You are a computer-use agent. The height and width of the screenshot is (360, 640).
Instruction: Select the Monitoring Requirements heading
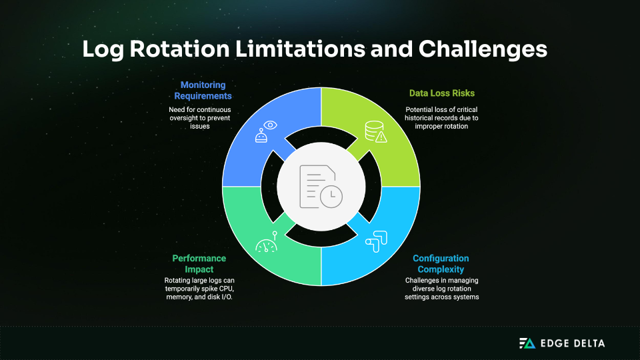pyautogui.click(x=203, y=91)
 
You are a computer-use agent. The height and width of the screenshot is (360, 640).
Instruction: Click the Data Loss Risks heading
pyautogui.click(x=442, y=93)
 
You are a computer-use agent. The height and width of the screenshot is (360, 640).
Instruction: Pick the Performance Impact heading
pyautogui.click(x=199, y=263)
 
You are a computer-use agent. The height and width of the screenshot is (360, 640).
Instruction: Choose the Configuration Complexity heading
pyautogui.click(x=441, y=263)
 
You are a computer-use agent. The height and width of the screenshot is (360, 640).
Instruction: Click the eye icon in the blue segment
pyautogui.click(x=270, y=125)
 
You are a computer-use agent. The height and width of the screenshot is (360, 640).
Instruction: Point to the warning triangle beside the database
pyautogui.click(x=381, y=137)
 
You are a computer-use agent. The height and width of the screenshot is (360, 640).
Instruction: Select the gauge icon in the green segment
pyautogui.click(x=266, y=246)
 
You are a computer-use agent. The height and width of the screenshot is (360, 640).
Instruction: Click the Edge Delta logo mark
pyautogui.click(x=527, y=343)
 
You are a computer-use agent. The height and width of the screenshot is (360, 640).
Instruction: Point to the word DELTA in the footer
pyautogui.click(x=587, y=343)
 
